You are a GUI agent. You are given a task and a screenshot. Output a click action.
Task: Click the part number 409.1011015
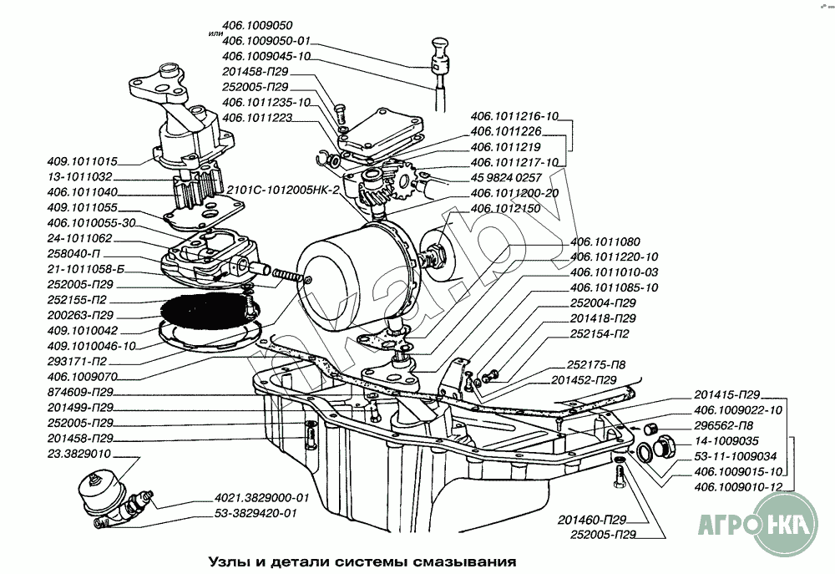[83, 162]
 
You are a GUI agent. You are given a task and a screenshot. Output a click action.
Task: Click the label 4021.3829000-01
[261, 499]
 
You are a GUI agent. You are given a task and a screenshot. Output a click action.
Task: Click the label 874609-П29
[81, 392]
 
